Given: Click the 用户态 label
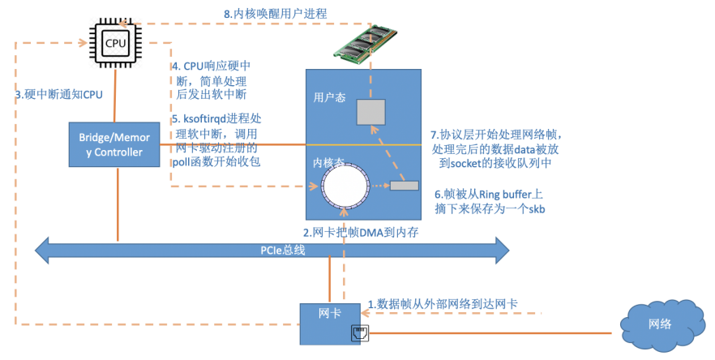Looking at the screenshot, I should (329, 97).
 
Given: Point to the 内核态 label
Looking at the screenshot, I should (329, 161).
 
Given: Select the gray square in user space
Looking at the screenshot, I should (372, 113).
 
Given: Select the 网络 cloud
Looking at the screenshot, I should (660, 324).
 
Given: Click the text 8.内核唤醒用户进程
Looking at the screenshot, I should (275, 13).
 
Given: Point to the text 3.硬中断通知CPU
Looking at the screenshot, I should (59, 94).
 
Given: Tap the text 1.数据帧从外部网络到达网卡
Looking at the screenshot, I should (443, 304).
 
